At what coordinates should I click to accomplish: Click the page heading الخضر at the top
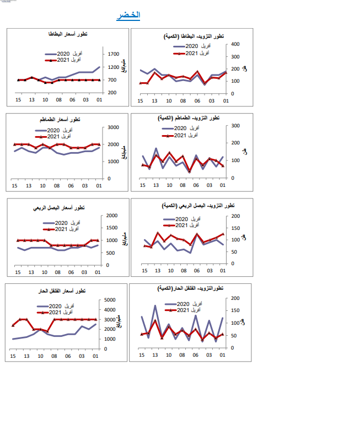coord(128,15)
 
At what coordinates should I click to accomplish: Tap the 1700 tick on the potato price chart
coord(114,54)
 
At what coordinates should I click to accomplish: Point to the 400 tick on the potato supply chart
coord(235,44)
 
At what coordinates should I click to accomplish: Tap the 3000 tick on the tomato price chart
coord(114,127)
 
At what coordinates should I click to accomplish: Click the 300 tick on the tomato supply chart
coord(235,126)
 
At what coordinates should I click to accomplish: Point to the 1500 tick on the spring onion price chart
coord(111,228)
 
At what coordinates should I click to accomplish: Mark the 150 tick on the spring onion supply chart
coord(235,228)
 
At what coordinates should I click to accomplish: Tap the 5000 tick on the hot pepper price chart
coord(110,300)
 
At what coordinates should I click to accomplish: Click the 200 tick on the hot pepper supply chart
coord(235,298)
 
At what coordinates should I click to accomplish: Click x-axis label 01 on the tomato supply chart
coord(222,186)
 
